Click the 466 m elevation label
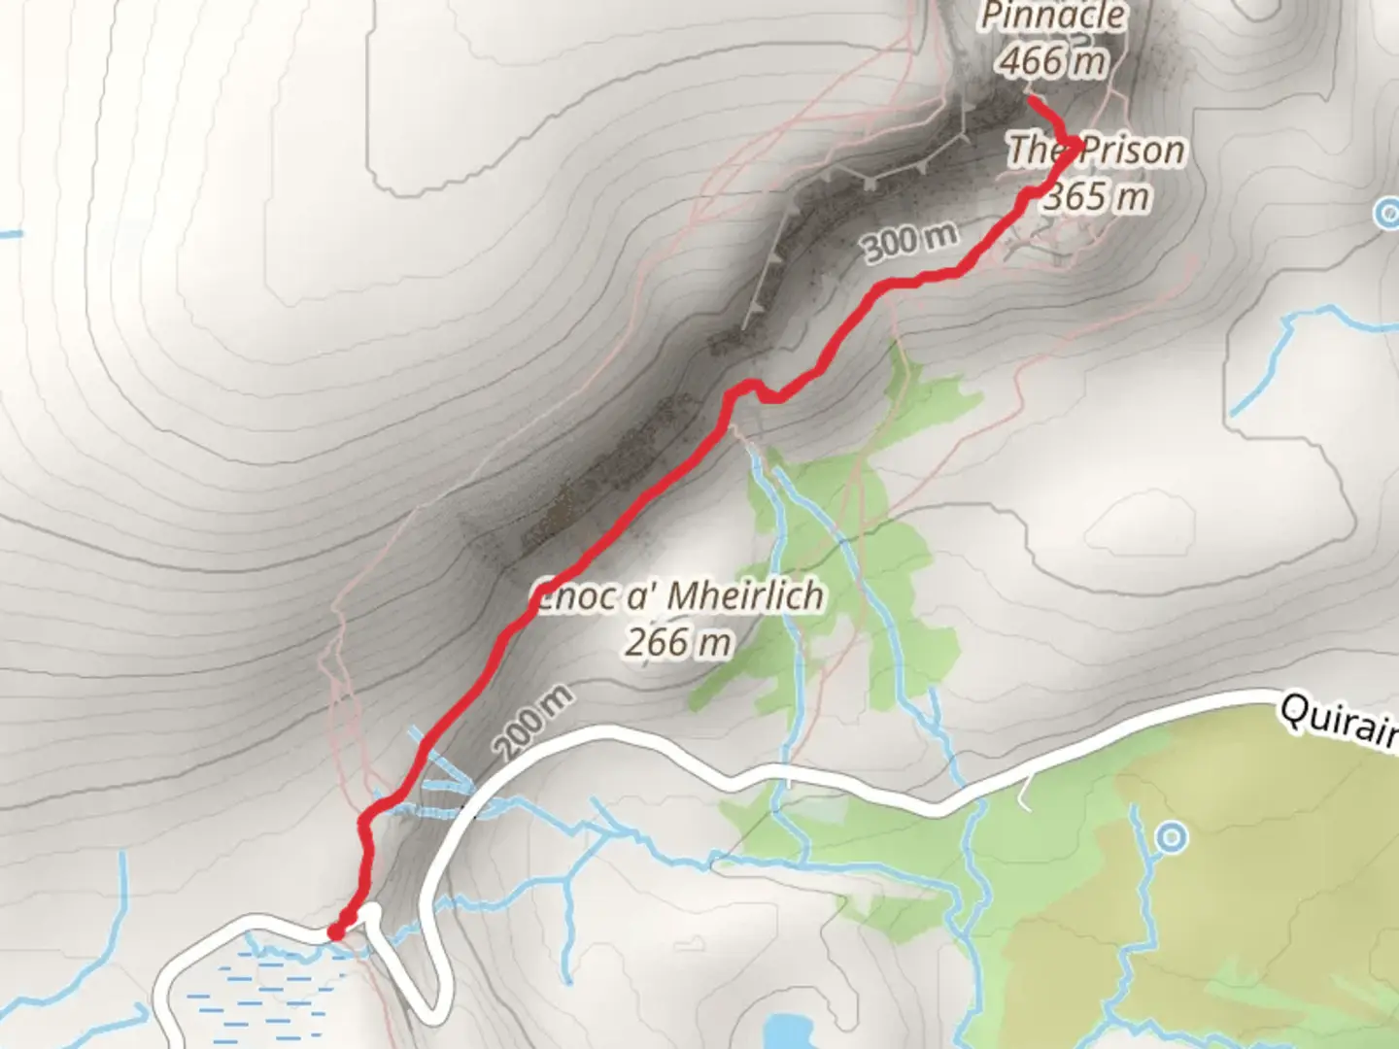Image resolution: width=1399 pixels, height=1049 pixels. click(1053, 62)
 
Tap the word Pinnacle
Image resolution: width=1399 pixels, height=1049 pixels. click(1053, 17)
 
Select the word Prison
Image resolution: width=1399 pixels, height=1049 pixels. click(1133, 151)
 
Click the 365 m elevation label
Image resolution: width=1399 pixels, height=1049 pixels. click(1097, 196)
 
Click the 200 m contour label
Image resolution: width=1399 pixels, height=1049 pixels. click(532, 723)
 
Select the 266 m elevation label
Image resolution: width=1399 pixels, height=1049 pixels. click(678, 642)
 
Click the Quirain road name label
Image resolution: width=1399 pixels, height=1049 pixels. click(1339, 721)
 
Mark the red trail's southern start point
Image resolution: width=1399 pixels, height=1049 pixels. click(336, 931)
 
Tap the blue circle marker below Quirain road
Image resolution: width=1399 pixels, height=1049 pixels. click(1173, 836)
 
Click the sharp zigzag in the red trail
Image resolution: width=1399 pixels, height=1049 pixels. click(752, 388)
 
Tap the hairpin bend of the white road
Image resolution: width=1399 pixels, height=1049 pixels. click(432, 1010)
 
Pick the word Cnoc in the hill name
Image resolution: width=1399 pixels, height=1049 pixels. click(573, 595)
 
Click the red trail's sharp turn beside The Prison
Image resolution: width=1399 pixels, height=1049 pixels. click(1075, 146)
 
